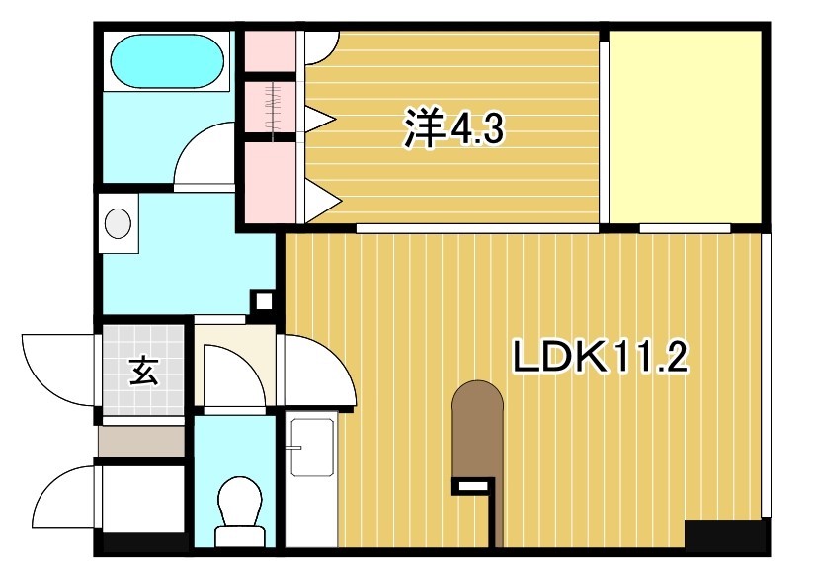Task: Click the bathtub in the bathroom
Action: pos(165,61)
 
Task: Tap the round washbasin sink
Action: pos(119,223)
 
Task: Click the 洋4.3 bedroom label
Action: pos(453,128)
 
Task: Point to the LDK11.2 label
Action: pos(599,356)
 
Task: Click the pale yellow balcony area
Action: pos(685,126)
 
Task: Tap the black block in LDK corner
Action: pos(725,535)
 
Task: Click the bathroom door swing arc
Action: pos(205,156)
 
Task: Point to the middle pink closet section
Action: pos(270,108)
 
